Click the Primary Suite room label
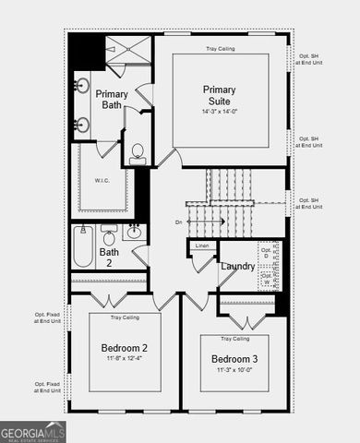221,95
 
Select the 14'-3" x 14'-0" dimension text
221,111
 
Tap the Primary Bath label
111,100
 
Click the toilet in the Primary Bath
138,152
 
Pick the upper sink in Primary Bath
82,88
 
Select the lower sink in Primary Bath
82,124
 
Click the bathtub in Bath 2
83,246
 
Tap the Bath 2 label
109,257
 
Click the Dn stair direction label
178,222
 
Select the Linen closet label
202,245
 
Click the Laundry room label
237,267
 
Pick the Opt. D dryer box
268,252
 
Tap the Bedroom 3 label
234,359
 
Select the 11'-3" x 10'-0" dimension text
234,370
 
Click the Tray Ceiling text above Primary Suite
221,47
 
